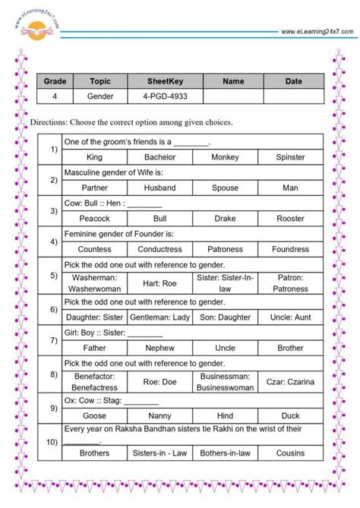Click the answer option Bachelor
tap(159, 157)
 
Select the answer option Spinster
tap(290, 157)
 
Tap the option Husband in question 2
tap(159, 188)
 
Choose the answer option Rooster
tap(290, 219)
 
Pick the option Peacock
tap(94, 219)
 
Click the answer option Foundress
tap(290, 249)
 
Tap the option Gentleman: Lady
tap(159, 317)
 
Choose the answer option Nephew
tap(159, 349)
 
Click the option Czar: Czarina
tap(290, 381)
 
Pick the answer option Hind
tap(225, 416)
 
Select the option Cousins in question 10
tap(290, 453)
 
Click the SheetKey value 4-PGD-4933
tap(159, 97)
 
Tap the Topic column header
tap(100, 81)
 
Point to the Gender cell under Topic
tap(100, 97)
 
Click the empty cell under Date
tap(293, 97)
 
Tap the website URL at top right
tap(317, 31)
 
